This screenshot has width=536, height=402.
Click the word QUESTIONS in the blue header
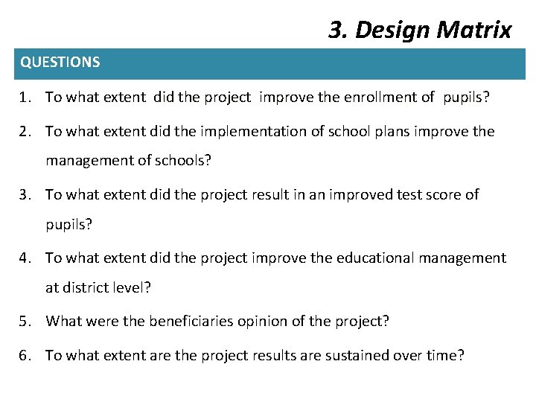click(x=60, y=63)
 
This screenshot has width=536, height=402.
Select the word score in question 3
click(x=438, y=195)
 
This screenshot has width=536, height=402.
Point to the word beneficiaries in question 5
click(x=191, y=322)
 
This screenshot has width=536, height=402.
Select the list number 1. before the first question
click(x=27, y=98)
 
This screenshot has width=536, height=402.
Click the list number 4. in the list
click(x=27, y=258)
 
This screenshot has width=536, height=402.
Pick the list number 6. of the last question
click(x=27, y=356)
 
